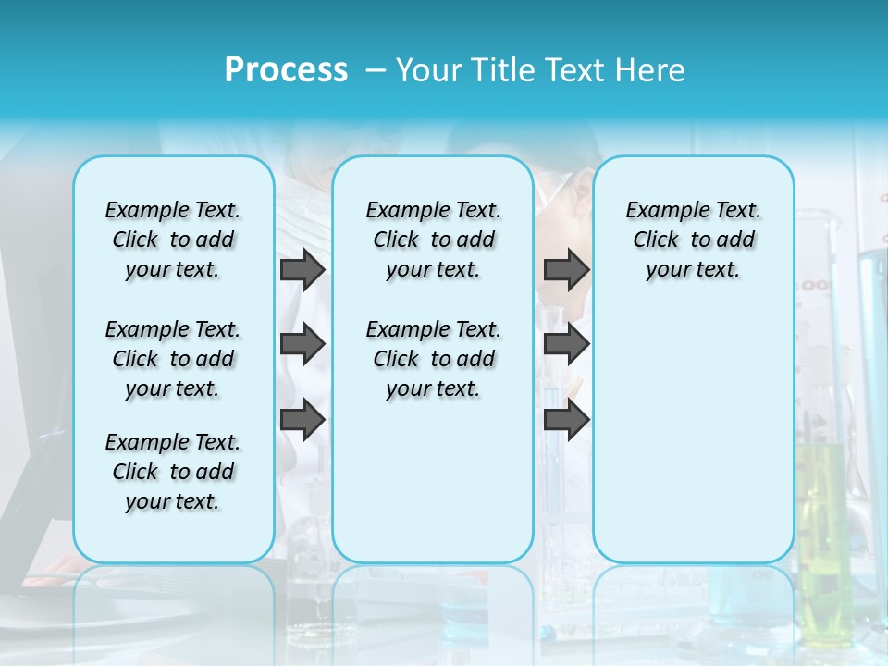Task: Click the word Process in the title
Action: click(x=286, y=70)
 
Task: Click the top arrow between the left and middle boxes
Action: click(x=302, y=270)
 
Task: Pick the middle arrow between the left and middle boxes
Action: click(x=302, y=344)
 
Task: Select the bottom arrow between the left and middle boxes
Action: click(x=302, y=419)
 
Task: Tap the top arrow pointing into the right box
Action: click(x=566, y=270)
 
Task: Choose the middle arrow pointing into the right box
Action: click(x=566, y=344)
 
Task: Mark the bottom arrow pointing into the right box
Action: click(x=566, y=419)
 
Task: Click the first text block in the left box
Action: click(x=173, y=240)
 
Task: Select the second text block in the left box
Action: click(x=173, y=359)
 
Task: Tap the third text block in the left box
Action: click(x=173, y=472)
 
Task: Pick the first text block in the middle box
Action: click(x=433, y=240)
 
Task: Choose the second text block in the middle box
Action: click(x=433, y=359)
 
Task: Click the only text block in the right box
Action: click(x=693, y=240)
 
